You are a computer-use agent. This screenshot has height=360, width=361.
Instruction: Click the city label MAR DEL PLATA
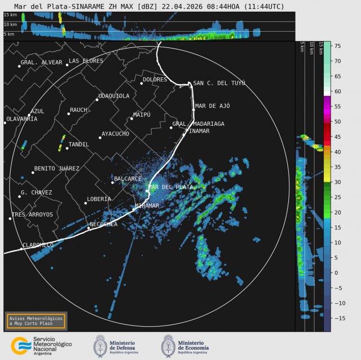pos(170,187)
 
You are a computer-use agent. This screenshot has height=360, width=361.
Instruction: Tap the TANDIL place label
pos(78,144)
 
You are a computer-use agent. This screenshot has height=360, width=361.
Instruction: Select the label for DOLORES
pos(155,80)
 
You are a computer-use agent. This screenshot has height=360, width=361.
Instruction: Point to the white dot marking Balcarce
pos(113,182)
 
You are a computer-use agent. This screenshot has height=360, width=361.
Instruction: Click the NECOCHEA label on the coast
pos(103,224)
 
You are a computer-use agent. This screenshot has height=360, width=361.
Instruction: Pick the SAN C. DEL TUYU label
pos(219,83)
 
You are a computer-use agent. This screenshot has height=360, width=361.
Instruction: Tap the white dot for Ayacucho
pos(100,137)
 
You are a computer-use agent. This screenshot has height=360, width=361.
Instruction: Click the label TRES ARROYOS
pos(32,214)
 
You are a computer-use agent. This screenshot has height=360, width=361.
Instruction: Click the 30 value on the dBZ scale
pos(337,182)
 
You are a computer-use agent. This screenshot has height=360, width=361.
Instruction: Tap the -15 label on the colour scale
pos(338,318)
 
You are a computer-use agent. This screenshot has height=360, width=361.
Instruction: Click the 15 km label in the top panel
pos(10,15)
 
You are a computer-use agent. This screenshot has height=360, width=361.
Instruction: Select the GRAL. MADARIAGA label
pos(198,124)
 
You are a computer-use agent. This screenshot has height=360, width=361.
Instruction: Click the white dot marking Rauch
pos(68,114)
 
